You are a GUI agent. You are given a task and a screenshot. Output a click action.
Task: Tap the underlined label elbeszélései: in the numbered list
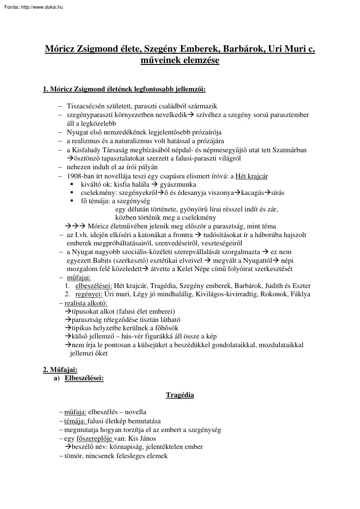tap(93, 286)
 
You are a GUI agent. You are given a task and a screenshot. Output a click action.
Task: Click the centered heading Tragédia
tap(180, 395)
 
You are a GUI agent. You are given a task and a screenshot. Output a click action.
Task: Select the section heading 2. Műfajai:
tap(60, 370)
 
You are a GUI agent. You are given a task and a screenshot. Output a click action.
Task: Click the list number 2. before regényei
tap(67, 294)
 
